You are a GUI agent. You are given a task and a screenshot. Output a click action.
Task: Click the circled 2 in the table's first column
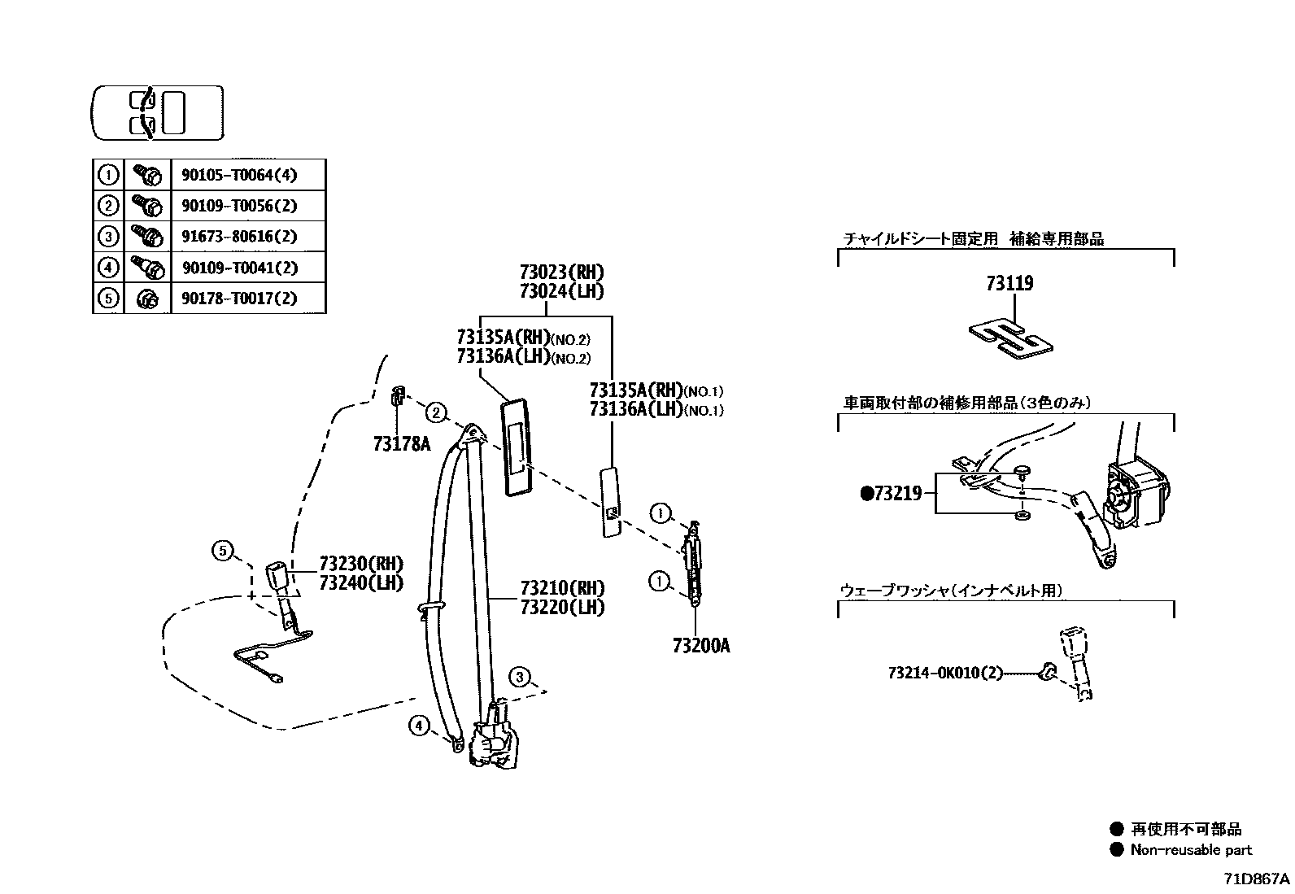[108, 206]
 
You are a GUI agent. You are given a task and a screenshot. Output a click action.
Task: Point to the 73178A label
[401, 443]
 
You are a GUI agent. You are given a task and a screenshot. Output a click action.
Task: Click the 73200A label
[700, 646]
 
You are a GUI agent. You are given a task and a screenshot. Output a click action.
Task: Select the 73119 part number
[1009, 284]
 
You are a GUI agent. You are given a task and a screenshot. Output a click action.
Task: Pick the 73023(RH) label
[562, 273]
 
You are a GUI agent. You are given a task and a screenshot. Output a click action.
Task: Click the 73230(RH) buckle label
[360, 564]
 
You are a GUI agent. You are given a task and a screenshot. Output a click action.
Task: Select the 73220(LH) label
[562, 607]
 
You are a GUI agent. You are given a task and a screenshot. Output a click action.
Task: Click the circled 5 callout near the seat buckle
[223, 551]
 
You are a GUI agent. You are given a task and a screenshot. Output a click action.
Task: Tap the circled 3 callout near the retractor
[521, 677]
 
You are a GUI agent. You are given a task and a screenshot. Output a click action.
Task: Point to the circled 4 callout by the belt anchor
[418, 725]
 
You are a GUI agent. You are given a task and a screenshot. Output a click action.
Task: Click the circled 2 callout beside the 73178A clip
[437, 413]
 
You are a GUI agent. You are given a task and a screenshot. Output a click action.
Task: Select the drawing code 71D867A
[1257, 879]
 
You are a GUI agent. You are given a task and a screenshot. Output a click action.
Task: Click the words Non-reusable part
[1191, 850]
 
